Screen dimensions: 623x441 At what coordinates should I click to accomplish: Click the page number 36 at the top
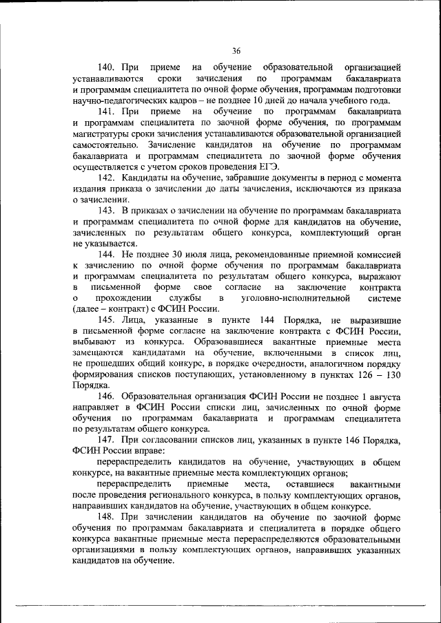tap(236, 51)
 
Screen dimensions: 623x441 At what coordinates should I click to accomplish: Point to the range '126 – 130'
tap(373, 375)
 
